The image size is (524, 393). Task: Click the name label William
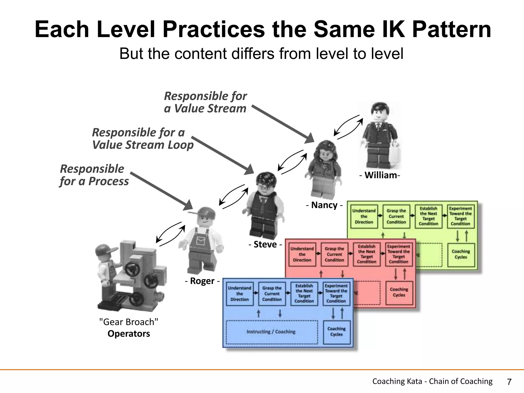(x=381, y=175)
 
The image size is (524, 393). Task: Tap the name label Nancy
(x=324, y=205)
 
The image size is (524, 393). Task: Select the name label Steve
(x=265, y=244)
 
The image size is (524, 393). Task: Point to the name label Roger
(x=202, y=281)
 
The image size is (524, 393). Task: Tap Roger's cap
(x=203, y=212)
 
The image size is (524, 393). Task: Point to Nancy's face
(x=325, y=155)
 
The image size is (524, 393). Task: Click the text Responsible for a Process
(x=94, y=175)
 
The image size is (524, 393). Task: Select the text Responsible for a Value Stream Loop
(x=143, y=139)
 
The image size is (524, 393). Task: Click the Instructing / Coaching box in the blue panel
(x=271, y=332)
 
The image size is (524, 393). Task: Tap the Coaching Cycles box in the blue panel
(x=336, y=332)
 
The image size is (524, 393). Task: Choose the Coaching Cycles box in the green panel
(x=461, y=254)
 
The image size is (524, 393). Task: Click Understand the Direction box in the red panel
(x=302, y=254)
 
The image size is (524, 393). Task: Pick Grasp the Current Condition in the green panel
(x=396, y=216)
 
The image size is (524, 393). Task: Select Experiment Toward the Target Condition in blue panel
(x=336, y=293)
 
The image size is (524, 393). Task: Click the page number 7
(x=509, y=382)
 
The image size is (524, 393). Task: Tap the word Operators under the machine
(x=129, y=334)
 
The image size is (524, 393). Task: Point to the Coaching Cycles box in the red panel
(x=399, y=292)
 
